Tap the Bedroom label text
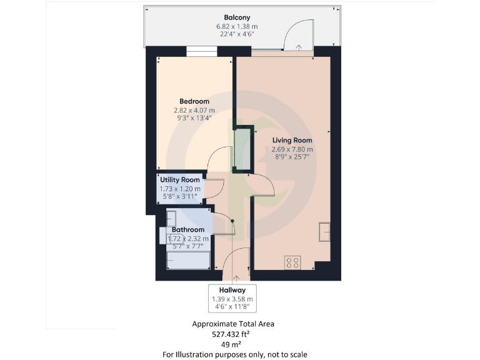[x=194, y=101]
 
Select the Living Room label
[x=292, y=141]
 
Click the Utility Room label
[x=180, y=180]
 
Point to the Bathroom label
[x=188, y=229]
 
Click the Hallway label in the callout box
[x=232, y=290]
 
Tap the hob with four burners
[x=292, y=262]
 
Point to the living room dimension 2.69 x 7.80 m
[x=292, y=150]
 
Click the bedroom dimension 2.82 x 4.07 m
[x=194, y=111]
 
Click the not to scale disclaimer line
[x=235, y=354]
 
